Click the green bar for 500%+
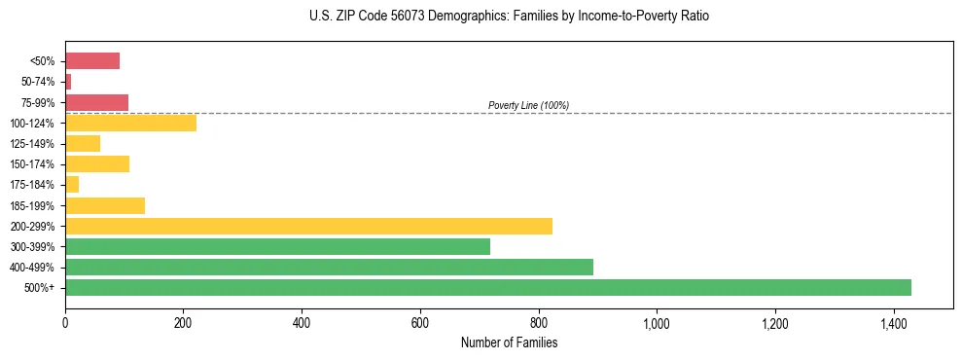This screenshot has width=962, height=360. pos(487,287)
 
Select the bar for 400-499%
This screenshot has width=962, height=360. pos(329,267)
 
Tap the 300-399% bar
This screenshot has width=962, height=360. pos(277,246)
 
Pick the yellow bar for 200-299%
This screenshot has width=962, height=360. pos(308,226)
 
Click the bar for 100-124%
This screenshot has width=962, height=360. pos(130,123)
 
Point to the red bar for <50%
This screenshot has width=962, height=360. pos(92,61)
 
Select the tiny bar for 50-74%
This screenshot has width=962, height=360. pos(68,82)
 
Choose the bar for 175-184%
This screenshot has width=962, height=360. pos(72,184)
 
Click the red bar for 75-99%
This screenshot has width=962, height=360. pos(96,102)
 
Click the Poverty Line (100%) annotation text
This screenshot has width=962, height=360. pos(528,105)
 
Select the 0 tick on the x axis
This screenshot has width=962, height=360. pos(65,323)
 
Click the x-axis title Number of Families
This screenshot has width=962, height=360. pos(509,342)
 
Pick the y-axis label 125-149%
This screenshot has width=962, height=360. pos(33,144)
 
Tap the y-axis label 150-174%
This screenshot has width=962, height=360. pos(33,164)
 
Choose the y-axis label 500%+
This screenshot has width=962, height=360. pos(40,288)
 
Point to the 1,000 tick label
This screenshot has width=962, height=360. pos(657,323)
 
